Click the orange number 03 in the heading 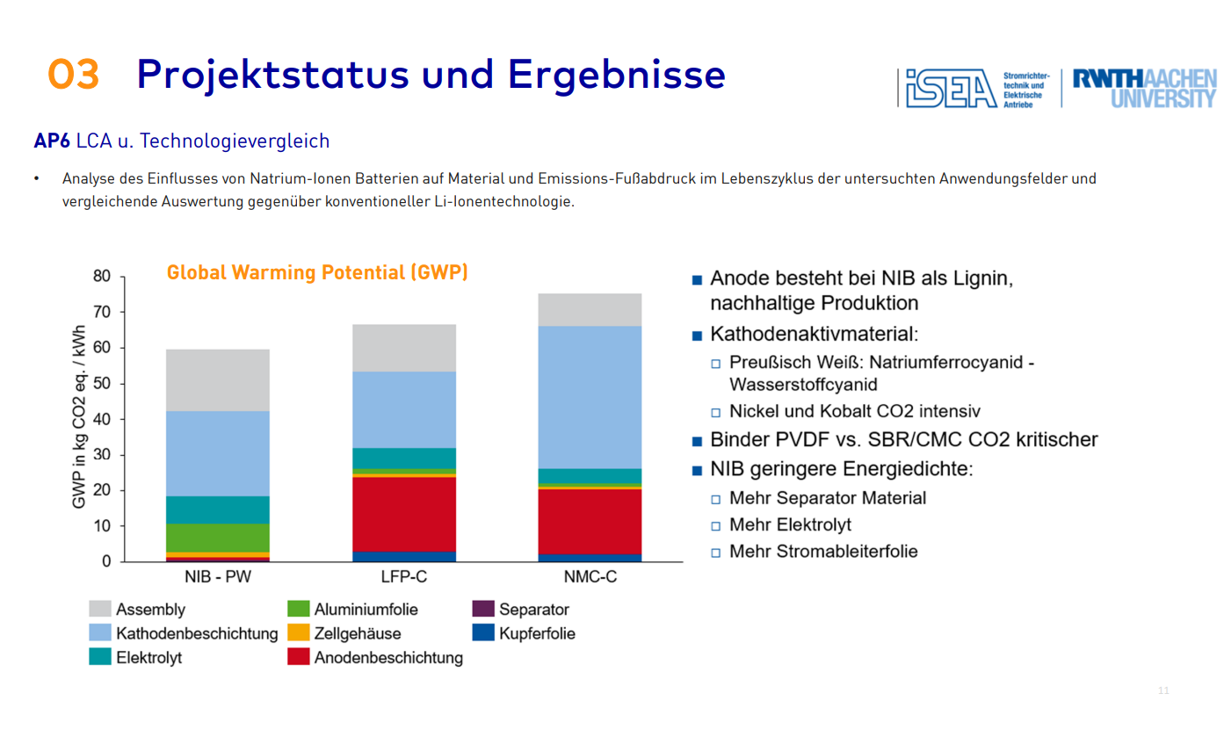point(73,75)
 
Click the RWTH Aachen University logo point(1144,89)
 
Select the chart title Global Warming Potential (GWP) point(317,272)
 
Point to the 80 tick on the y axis point(102,277)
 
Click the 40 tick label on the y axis point(102,419)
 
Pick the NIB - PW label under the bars point(218,579)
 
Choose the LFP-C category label point(404,579)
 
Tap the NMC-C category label point(590,579)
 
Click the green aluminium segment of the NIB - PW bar point(218,538)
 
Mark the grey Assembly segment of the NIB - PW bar point(218,379)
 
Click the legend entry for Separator point(521,609)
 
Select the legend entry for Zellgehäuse point(344,632)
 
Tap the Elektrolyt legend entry point(136,656)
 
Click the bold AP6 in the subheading point(51,141)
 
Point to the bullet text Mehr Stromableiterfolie point(823,552)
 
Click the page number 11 point(1163,690)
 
